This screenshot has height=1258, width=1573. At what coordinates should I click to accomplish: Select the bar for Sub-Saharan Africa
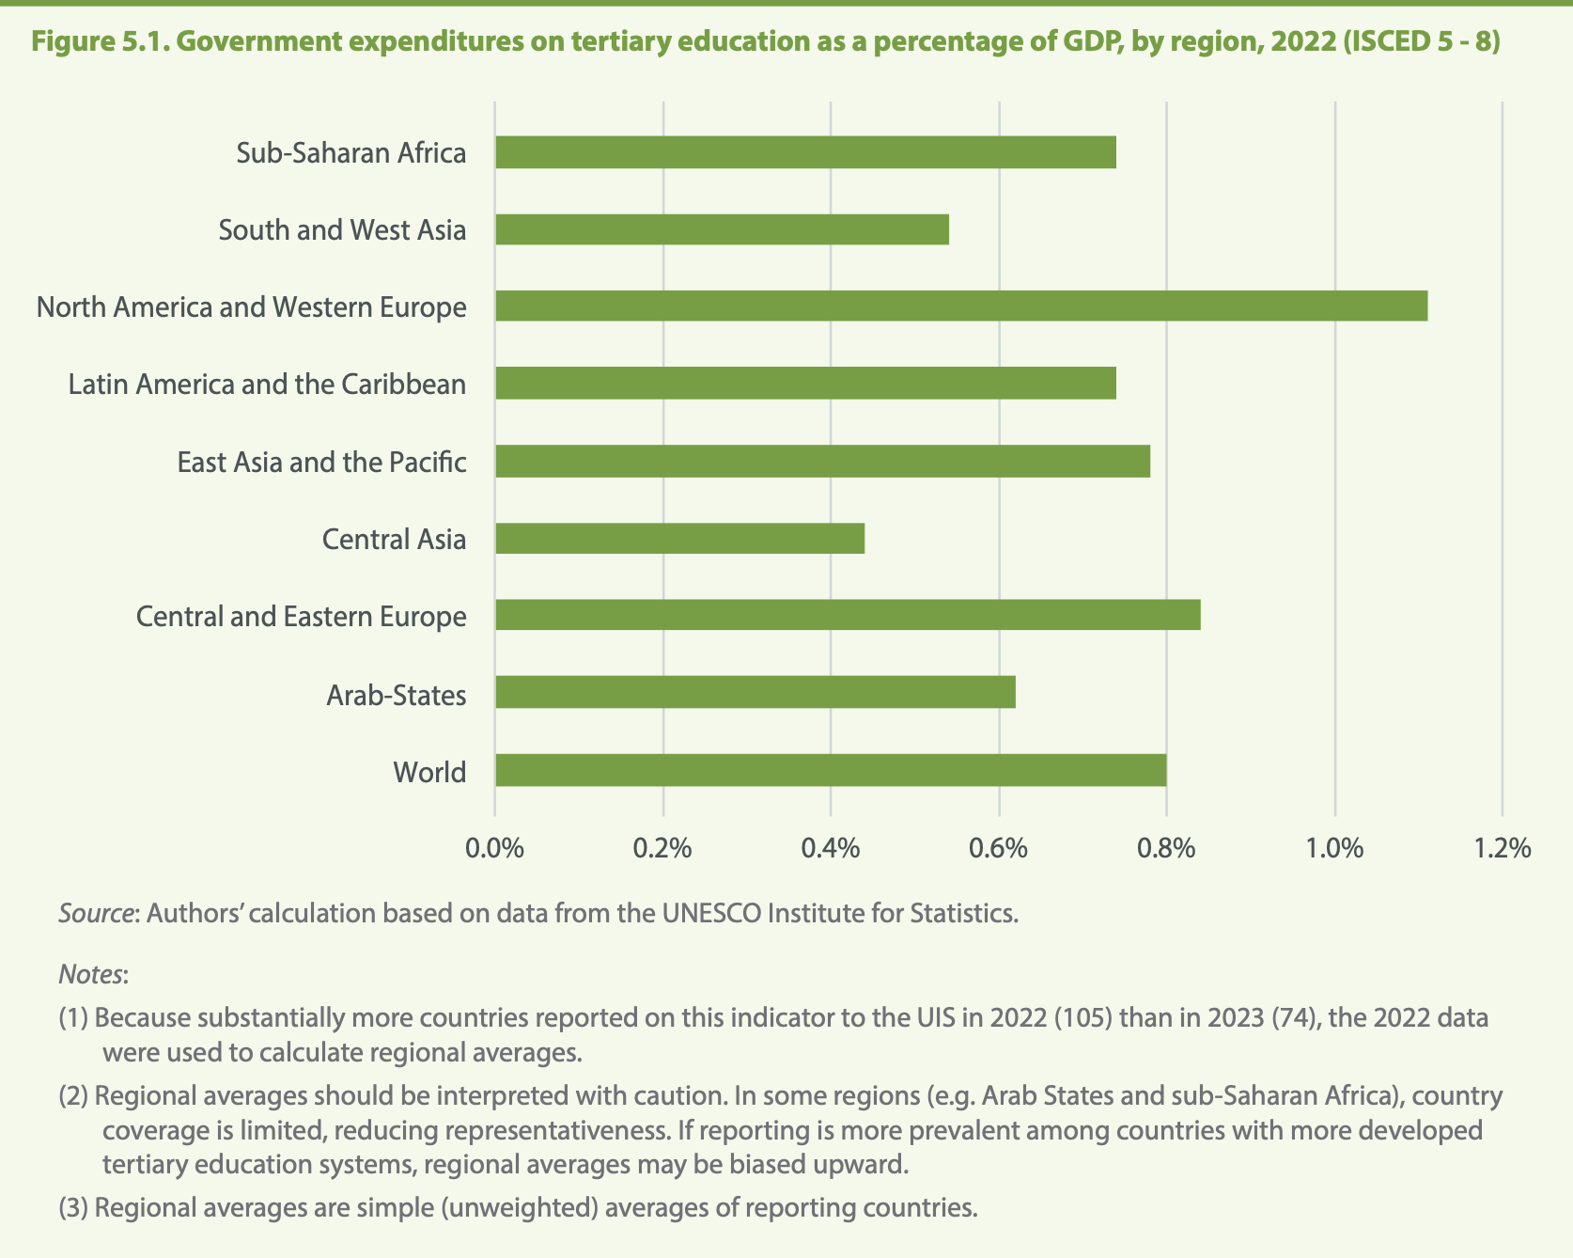[x=805, y=152]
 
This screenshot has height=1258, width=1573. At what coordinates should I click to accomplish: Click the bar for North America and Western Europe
[x=961, y=307]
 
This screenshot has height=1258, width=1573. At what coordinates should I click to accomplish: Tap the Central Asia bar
[x=679, y=539]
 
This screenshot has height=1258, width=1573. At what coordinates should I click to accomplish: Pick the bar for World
[x=831, y=770]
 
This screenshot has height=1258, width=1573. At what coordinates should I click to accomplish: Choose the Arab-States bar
[x=755, y=693]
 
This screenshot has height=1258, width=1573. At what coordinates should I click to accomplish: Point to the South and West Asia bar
[x=722, y=229]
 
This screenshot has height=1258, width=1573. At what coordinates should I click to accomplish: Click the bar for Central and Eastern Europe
[x=848, y=616]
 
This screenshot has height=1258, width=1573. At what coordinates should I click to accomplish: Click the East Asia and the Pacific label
[x=321, y=463]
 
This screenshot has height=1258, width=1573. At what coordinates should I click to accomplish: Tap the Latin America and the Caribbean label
[x=267, y=385]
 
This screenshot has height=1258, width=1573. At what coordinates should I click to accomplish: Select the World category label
[x=429, y=772]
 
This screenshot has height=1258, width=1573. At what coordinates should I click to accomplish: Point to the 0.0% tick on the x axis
[x=494, y=848]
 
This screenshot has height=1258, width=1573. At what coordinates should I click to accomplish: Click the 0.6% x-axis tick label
[x=998, y=848]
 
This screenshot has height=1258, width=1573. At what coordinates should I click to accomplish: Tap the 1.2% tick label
[x=1503, y=848]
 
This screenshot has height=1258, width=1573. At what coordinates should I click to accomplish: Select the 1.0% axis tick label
[x=1334, y=848]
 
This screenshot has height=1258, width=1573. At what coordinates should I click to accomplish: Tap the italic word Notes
[x=90, y=974]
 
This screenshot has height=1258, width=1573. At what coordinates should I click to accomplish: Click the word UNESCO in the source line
[x=713, y=913]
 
